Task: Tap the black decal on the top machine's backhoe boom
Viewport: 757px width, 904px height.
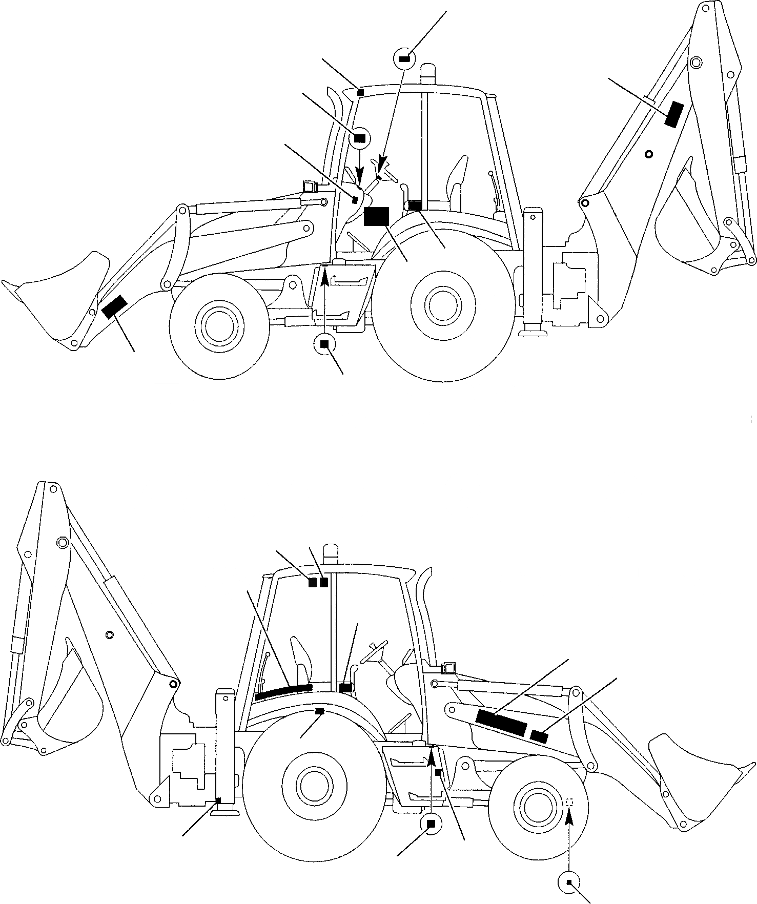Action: tap(674, 114)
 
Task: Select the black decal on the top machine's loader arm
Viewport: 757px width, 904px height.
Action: tap(114, 307)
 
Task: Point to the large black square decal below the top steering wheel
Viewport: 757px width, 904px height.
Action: tap(376, 216)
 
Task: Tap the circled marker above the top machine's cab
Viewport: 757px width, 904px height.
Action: tap(404, 59)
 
